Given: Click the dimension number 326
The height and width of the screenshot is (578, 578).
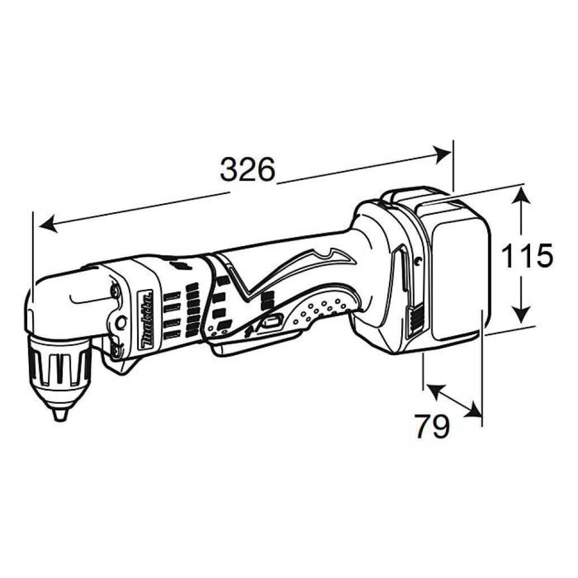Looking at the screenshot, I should pos(247,169).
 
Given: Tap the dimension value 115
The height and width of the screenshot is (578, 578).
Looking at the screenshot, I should pos(526,256).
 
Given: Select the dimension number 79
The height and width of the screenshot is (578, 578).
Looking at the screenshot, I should pos(432,426).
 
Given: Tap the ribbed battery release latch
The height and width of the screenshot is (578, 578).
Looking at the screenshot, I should pos(417,319).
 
